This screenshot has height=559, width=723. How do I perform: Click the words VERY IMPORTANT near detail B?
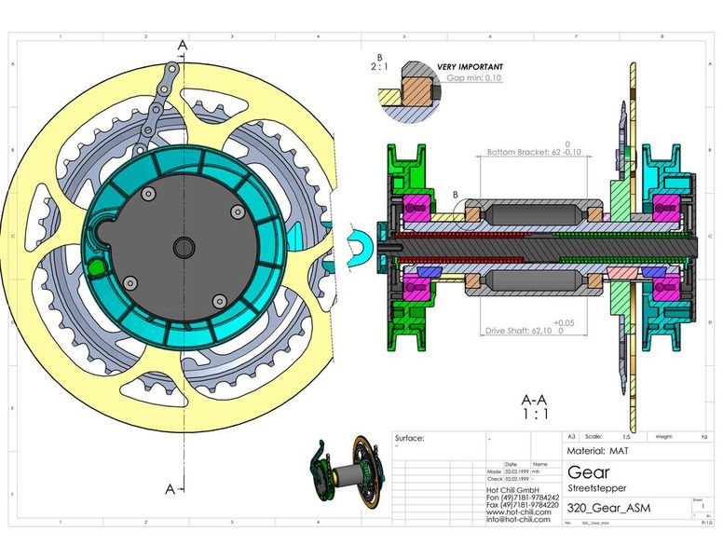[x=470, y=67]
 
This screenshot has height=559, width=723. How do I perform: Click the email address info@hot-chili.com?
[x=518, y=519]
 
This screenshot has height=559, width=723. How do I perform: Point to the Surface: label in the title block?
[x=410, y=438]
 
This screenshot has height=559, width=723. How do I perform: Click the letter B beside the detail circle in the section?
[x=456, y=195]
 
